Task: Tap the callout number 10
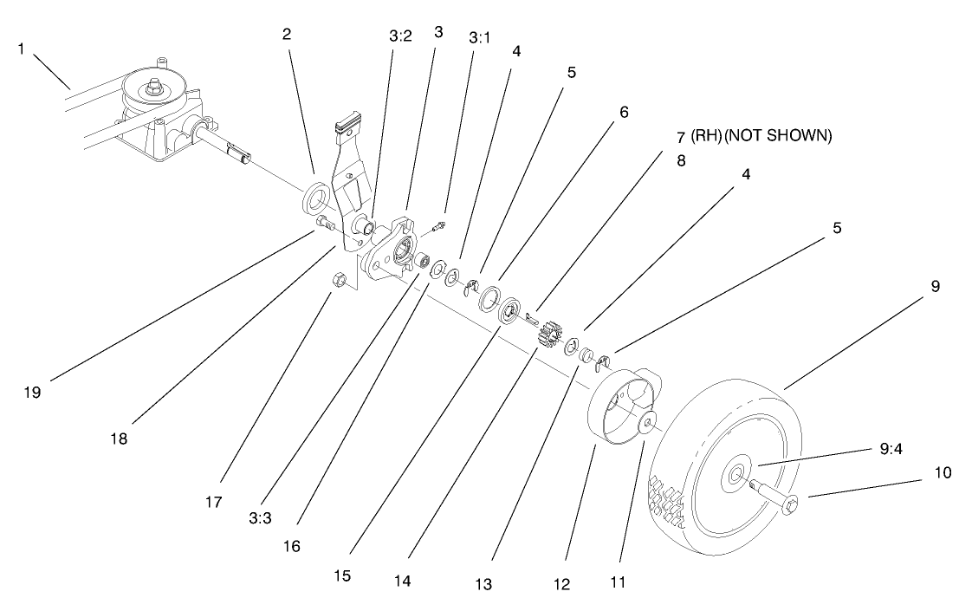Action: tap(942, 473)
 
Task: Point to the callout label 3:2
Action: tap(400, 36)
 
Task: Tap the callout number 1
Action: tap(21, 49)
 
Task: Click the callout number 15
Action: tap(343, 575)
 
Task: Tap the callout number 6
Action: tap(624, 112)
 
